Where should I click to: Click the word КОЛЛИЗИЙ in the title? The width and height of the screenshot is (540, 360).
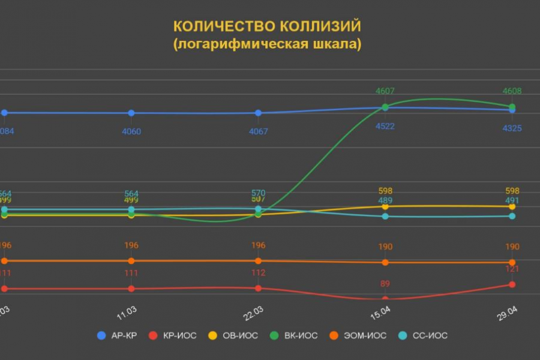[x=323, y=26]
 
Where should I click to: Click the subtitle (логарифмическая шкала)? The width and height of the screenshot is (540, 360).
[x=267, y=45]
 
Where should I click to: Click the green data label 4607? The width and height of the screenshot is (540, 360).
[x=385, y=91]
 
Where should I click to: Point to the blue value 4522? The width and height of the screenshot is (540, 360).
[x=385, y=127]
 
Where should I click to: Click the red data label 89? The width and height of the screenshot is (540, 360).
[x=385, y=284]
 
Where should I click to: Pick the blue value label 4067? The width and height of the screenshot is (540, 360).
[x=258, y=131]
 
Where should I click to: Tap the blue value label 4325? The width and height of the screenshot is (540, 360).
[x=512, y=128]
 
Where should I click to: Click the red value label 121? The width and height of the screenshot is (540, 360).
[x=512, y=270]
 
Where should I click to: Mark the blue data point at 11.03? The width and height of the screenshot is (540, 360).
[x=131, y=113]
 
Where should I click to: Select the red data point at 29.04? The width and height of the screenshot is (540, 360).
[x=512, y=284]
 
